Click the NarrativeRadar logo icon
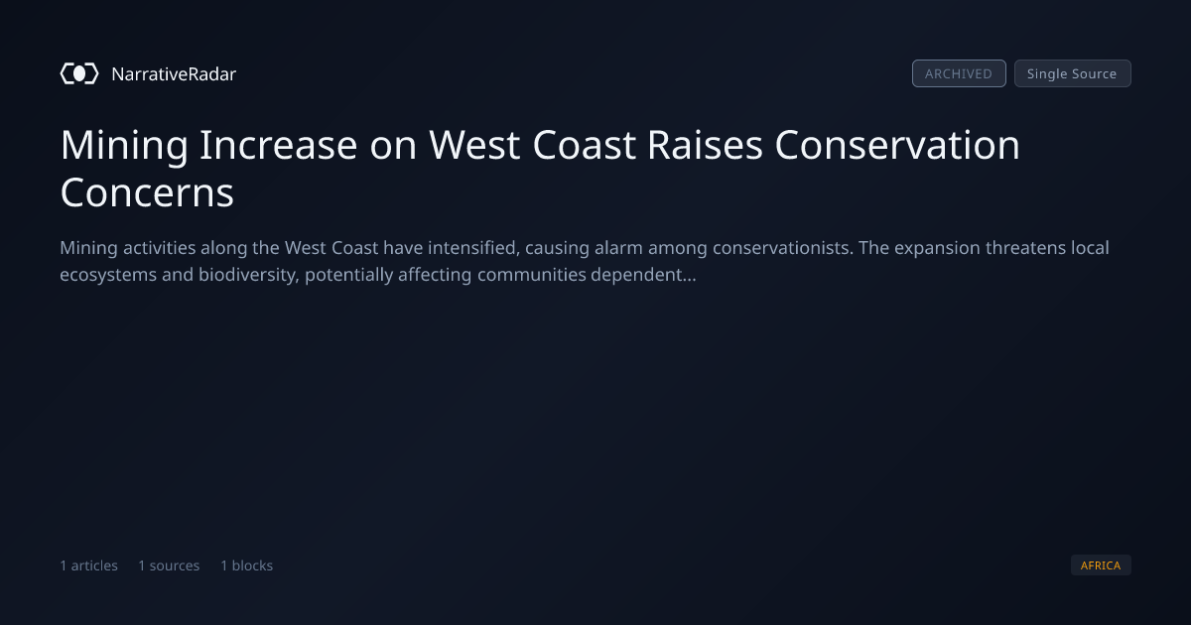coord(79,73)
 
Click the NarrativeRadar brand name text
coord(174,74)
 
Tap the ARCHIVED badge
coord(959,73)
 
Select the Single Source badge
coord(1073,73)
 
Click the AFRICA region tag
coord(1101,564)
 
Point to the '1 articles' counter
coord(88,565)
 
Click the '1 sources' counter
coord(169,565)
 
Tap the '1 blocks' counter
coord(247,565)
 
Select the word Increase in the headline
coord(278,145)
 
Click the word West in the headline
coord(474,145)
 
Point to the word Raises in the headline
coord(705,145)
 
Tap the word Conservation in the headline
coord(897,145)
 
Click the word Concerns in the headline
coord(147,192)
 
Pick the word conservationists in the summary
coord(783,248)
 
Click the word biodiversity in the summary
coord(249,276)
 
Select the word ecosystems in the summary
coord(108,276)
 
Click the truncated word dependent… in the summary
coord(643,275)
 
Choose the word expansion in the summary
coord(937,249)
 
